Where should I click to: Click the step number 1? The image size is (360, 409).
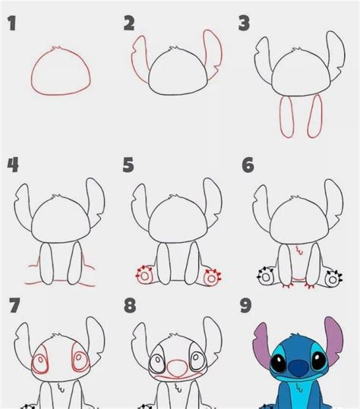11,23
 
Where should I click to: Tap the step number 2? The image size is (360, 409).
129,24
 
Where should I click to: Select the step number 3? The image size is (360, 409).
244,23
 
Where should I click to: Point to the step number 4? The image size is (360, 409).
13,165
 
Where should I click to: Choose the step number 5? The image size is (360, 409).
128,165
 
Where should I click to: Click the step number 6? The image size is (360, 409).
248,165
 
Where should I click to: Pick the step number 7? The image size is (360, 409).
14,305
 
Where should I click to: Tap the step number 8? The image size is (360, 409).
130,306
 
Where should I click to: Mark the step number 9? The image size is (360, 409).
245,305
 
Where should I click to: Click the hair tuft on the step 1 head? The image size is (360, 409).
56,49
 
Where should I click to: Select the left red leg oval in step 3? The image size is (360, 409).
286,117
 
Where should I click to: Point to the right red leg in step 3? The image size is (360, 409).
315,116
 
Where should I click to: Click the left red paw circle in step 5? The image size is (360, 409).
144,276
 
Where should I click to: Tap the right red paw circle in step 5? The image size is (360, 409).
211,278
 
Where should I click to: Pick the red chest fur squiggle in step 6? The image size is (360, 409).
299,250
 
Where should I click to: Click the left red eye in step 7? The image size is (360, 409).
41,363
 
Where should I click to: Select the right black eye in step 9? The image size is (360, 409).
319,360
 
